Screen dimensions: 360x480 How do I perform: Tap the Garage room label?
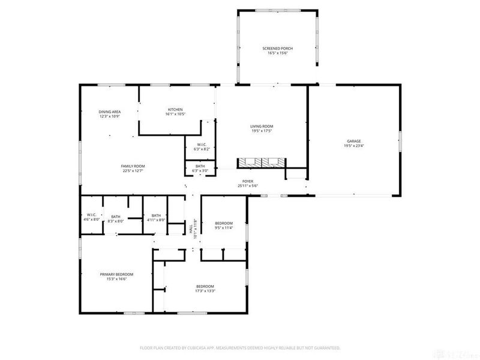coord(353,140)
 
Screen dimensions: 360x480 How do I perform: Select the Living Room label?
coord(262,127)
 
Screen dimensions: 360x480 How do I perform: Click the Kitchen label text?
coord(175,109)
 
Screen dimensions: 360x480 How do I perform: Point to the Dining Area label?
coord(110,112)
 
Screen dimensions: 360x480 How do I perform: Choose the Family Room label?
coord(133,166)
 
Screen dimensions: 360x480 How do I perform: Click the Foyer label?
coord(248,181)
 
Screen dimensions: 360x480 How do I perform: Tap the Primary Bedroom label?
coord(116,274)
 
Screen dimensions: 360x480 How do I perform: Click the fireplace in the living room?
coord(262,162)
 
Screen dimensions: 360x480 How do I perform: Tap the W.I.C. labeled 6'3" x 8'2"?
coord(201,145)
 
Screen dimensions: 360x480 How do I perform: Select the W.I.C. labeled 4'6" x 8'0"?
coord(91,215)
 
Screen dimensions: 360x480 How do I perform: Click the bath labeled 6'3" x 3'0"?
coord(200,166)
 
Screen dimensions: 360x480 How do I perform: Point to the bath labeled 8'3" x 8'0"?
coord(116,217)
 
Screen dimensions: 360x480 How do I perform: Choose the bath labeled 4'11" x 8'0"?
coord(156,217)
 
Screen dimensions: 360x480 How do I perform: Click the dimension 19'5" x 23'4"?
coord(353,145)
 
